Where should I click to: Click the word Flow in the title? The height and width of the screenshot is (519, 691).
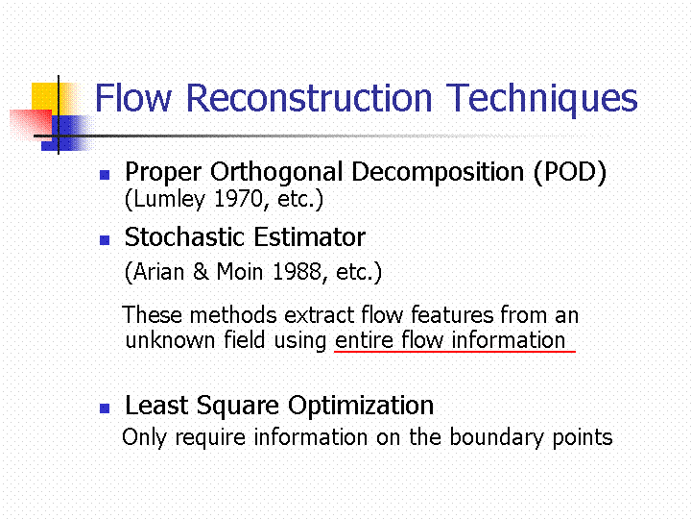[133, 98]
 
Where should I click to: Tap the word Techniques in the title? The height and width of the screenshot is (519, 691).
[542, 99]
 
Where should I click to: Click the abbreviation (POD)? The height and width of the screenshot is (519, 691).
[570, 172]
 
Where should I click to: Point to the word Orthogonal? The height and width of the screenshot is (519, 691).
[276, 172]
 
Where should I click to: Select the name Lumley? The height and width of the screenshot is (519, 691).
[169, 200]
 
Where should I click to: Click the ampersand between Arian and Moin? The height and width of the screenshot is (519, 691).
[201, 271]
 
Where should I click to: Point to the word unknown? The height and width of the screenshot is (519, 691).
[170, 340]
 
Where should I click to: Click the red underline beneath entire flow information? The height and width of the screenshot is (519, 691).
[455, 352]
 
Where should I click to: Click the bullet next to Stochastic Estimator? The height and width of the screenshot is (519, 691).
[105, 240]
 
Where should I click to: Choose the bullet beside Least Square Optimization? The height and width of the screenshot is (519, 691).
[105, 408]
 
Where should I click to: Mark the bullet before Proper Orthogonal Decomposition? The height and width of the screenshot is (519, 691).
[105, 175]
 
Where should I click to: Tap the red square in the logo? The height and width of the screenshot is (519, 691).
[31, 123]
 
